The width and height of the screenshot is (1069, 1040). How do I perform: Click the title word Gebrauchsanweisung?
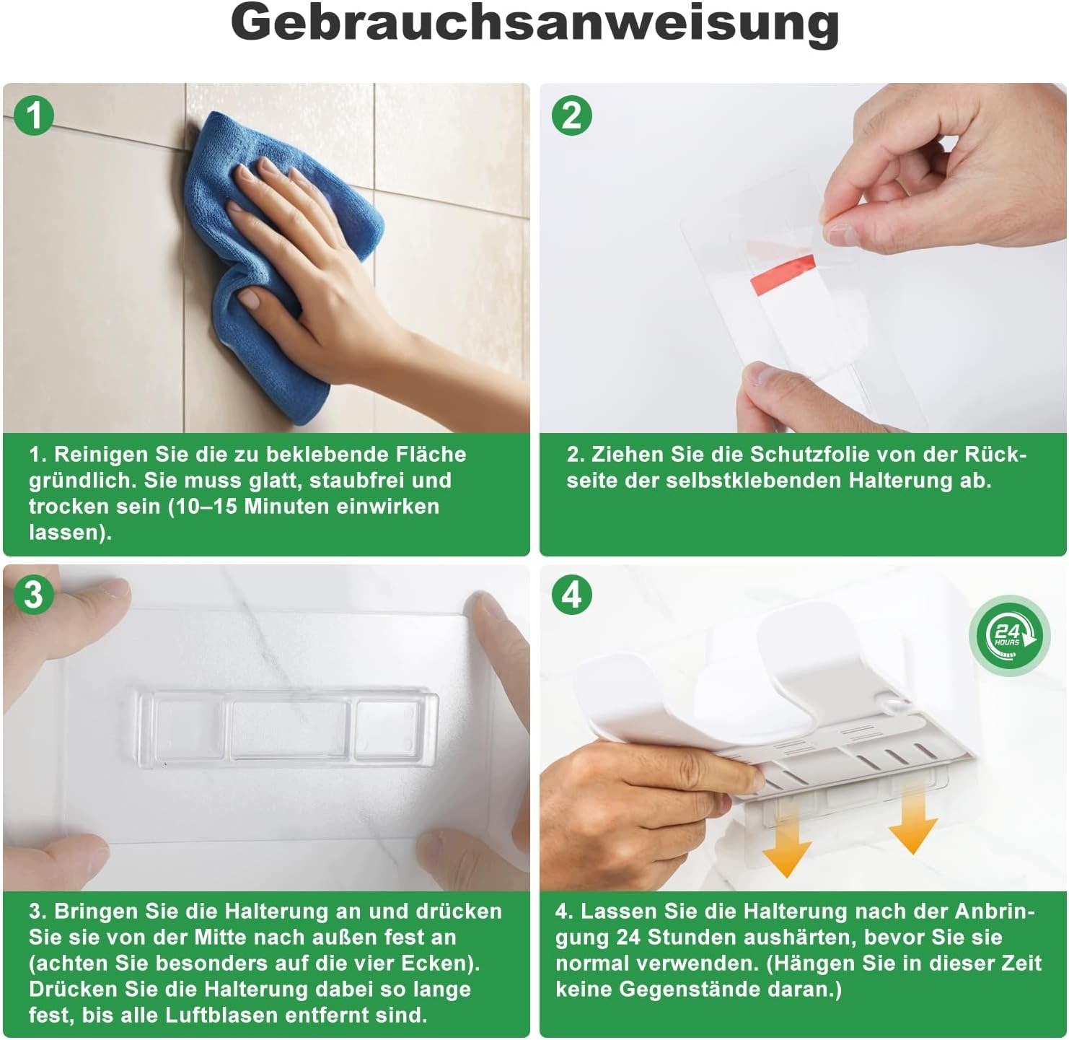tap(534, 25)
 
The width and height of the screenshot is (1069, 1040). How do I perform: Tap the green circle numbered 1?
tap(34, 115)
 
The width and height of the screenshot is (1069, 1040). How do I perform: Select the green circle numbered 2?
tap(571, 115)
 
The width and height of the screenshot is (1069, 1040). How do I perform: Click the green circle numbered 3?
tap(34, 595)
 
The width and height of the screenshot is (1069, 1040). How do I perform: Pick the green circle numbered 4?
tap(571, 595)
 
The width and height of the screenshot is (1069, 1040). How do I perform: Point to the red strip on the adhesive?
tap(782, 275)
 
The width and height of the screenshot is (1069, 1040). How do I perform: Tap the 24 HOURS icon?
tap(1010, 635)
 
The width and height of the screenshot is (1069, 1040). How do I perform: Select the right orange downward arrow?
tap(912, 819)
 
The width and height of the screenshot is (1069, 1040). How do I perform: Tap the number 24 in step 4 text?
tap(628, 938)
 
